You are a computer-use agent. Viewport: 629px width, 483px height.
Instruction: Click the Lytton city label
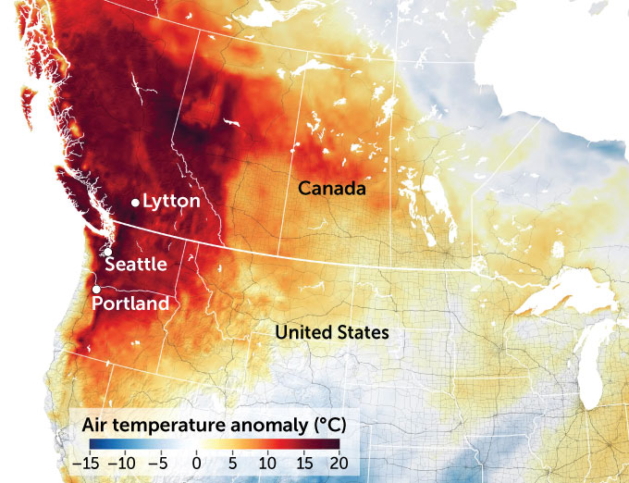coord(173,202)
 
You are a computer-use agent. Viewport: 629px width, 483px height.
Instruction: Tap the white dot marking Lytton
coord(135,202)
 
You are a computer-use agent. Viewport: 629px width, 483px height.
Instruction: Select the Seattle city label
coord(136,265)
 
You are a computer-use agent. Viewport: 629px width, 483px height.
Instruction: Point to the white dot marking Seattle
coord(108,252)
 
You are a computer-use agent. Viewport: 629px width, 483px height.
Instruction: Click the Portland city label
coord(132,303)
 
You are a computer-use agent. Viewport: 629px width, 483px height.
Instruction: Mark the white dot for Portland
coord(96,290)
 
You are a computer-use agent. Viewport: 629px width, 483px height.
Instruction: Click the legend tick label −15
coord(88,461)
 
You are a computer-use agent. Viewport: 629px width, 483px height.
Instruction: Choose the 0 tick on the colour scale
coord(196,461)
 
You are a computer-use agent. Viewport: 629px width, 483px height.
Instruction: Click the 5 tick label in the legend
coord(232,461)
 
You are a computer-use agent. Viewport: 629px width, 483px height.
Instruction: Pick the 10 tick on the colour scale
coord(268,461)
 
